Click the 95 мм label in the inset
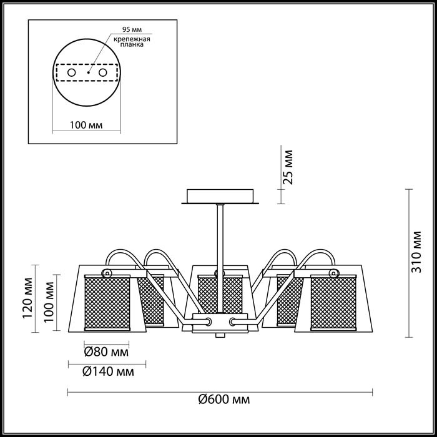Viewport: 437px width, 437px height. click(x=132, y=29)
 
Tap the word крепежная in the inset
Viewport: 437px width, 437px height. click(x=132, y=39)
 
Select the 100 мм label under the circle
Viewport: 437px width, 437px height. click(x=86, y=125)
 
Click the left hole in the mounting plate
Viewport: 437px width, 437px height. click(x=72, y=73)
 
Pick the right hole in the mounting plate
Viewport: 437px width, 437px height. click(x=102, y=73)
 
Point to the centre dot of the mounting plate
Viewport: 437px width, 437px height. click(x=89, y=72)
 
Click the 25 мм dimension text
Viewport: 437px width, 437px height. click(x=288, y=167)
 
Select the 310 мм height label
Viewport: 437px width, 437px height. click(x=416, y=252)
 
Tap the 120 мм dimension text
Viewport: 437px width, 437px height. click(x=28, y=298)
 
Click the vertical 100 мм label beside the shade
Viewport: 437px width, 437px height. click(x=49, y=302)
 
